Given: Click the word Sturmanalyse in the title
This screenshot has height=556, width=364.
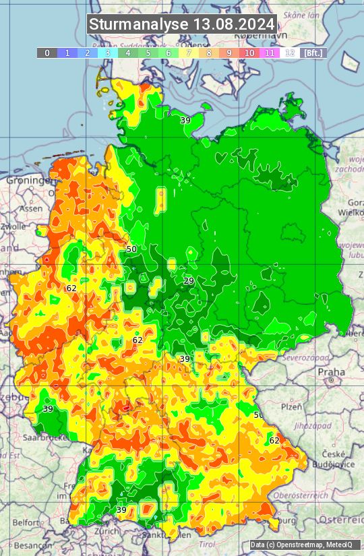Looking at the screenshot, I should [140, 24].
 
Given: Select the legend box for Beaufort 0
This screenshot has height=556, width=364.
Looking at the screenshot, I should [47, 53].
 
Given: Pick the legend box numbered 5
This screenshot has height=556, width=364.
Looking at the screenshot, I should [148, 53].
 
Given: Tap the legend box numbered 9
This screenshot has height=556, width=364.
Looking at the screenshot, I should [229, 53].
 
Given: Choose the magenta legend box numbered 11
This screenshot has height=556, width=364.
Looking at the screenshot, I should [270, 53].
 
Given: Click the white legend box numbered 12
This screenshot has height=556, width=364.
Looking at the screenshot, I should [290, 53].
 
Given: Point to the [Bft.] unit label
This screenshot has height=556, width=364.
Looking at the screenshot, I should [313, 53].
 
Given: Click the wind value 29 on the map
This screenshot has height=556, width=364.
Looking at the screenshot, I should [189, 280].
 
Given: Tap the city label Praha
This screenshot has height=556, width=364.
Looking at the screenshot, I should [332, 372].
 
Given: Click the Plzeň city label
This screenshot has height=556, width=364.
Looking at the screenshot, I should [291, 407].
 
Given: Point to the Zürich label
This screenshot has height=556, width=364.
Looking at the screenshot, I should [107, 531].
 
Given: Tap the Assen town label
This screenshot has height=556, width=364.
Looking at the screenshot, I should [30, 209].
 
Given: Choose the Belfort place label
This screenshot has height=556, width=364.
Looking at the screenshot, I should [26, 522].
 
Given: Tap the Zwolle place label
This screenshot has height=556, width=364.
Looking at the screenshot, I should [13, 227].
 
